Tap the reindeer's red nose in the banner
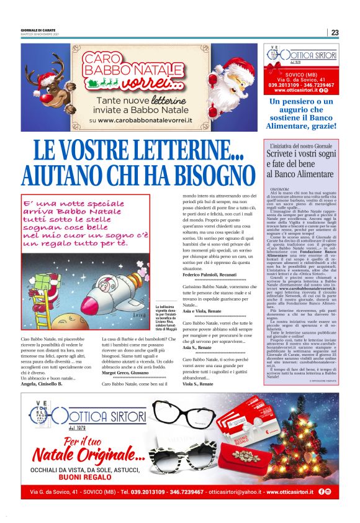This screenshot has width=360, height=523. [x=55, y=81]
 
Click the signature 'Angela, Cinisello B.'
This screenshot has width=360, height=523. [x=42, y=384]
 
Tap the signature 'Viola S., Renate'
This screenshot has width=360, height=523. [x=197, y=384]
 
